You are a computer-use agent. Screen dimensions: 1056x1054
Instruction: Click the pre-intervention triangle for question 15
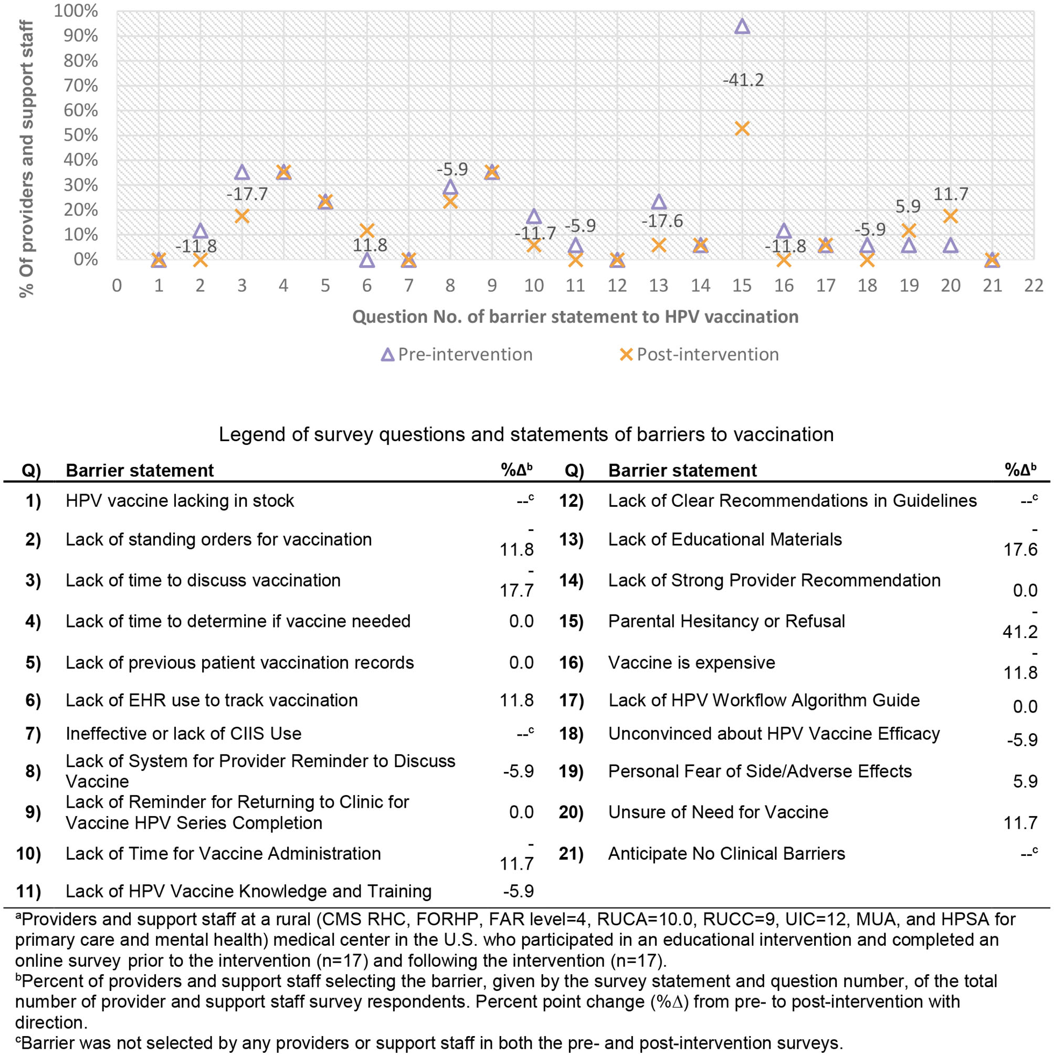click(742, 26)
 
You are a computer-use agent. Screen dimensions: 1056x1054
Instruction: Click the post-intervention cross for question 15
click(742, 129)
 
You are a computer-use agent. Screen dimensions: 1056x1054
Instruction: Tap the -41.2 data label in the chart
click(743, 80)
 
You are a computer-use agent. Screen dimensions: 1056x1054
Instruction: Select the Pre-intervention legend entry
click(456, 354)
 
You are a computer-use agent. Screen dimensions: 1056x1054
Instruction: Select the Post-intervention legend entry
click(699, 354)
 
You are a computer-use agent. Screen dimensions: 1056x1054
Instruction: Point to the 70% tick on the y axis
click(81, 86)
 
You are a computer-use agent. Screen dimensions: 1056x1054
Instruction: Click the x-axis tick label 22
click(1033, 285)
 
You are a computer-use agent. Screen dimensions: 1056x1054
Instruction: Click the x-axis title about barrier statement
click(575, 317)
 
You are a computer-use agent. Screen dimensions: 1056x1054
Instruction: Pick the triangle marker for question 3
click(242, 173)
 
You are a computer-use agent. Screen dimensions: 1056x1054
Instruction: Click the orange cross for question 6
click(367, 230)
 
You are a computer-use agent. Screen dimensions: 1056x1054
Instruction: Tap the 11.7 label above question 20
click(951, 194)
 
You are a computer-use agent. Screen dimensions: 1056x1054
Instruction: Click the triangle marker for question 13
click(659, 202)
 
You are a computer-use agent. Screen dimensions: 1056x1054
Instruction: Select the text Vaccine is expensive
click(691, 663)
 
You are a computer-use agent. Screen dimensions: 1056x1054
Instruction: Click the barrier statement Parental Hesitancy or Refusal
click(726, 621)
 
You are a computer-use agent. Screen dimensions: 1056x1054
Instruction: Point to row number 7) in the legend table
click(33, 734)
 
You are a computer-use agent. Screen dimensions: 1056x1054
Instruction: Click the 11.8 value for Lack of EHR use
click(517, 700)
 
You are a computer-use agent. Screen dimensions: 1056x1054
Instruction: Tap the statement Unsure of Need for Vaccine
click(718, 812)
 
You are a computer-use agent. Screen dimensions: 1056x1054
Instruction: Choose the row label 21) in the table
click(571, 854)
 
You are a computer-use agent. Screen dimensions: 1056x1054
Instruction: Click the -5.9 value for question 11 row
click(518, 892)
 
